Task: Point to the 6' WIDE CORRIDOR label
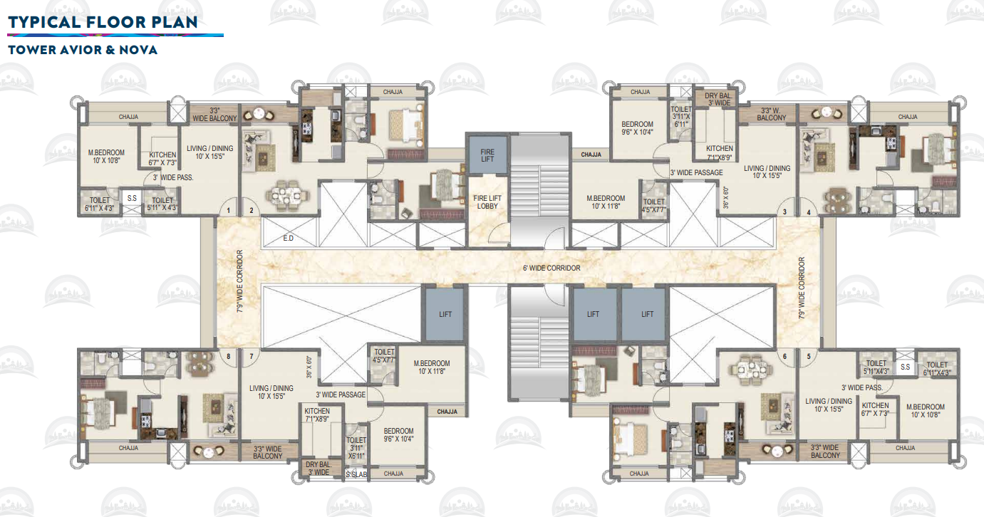pos(551,268)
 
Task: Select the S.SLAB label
pos(356,474)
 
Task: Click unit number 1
pos(228,211)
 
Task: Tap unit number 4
pos(809,211)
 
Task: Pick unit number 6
pos(784,356)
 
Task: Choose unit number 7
pos(251,355)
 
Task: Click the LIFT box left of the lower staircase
pos(445,314)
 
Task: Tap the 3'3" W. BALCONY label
pos(772,114)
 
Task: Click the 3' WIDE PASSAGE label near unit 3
pos(696,173)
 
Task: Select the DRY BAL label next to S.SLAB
pos(318,468)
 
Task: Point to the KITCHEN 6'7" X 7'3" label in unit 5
pos(875,409)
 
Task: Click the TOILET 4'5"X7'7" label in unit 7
pos(384,356)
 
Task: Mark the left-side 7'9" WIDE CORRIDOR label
pos(239,281)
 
